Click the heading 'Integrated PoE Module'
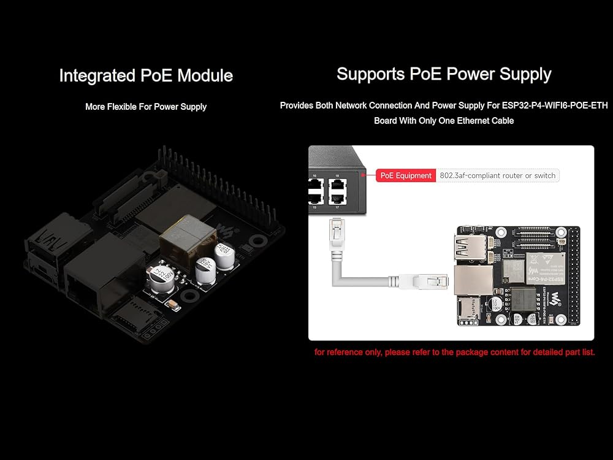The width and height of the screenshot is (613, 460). (146, 76)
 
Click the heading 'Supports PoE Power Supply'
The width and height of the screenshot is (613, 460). (444, 74)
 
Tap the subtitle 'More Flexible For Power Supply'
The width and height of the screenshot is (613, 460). (146, 107)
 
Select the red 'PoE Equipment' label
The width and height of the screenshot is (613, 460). (405, 175)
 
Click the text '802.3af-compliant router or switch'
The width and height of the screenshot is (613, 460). (497, 175)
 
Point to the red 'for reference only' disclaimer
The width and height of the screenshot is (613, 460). (454, 352)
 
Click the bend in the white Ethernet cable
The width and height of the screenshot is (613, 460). (341, 280)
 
